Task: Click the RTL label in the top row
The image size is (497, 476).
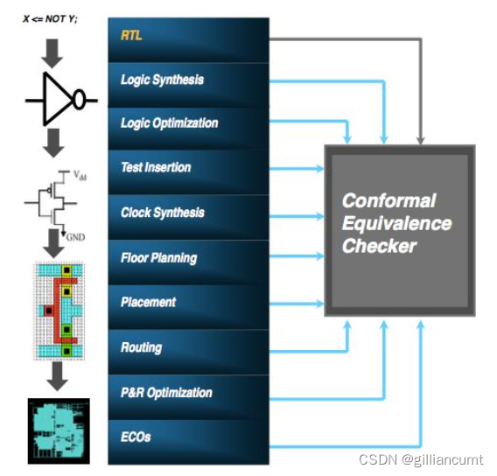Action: tap(131, 36)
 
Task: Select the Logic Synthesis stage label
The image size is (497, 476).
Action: tap(162, 80)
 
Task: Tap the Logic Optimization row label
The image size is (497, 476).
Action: tap(169, 123)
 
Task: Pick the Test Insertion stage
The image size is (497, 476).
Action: tap(156, 167)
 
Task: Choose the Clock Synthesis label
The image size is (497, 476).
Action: tap(162, 213)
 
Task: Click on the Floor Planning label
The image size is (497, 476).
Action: tap(158, 258)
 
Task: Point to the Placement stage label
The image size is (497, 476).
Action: tap(148, 302)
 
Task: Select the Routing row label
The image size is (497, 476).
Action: tap(141, 347)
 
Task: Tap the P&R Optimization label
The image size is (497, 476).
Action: tap(166, 393)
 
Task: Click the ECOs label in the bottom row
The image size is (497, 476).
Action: tap(136, 436)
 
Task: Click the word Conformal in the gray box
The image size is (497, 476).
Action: tap(388, 201)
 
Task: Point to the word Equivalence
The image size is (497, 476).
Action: tap(396, 223)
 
